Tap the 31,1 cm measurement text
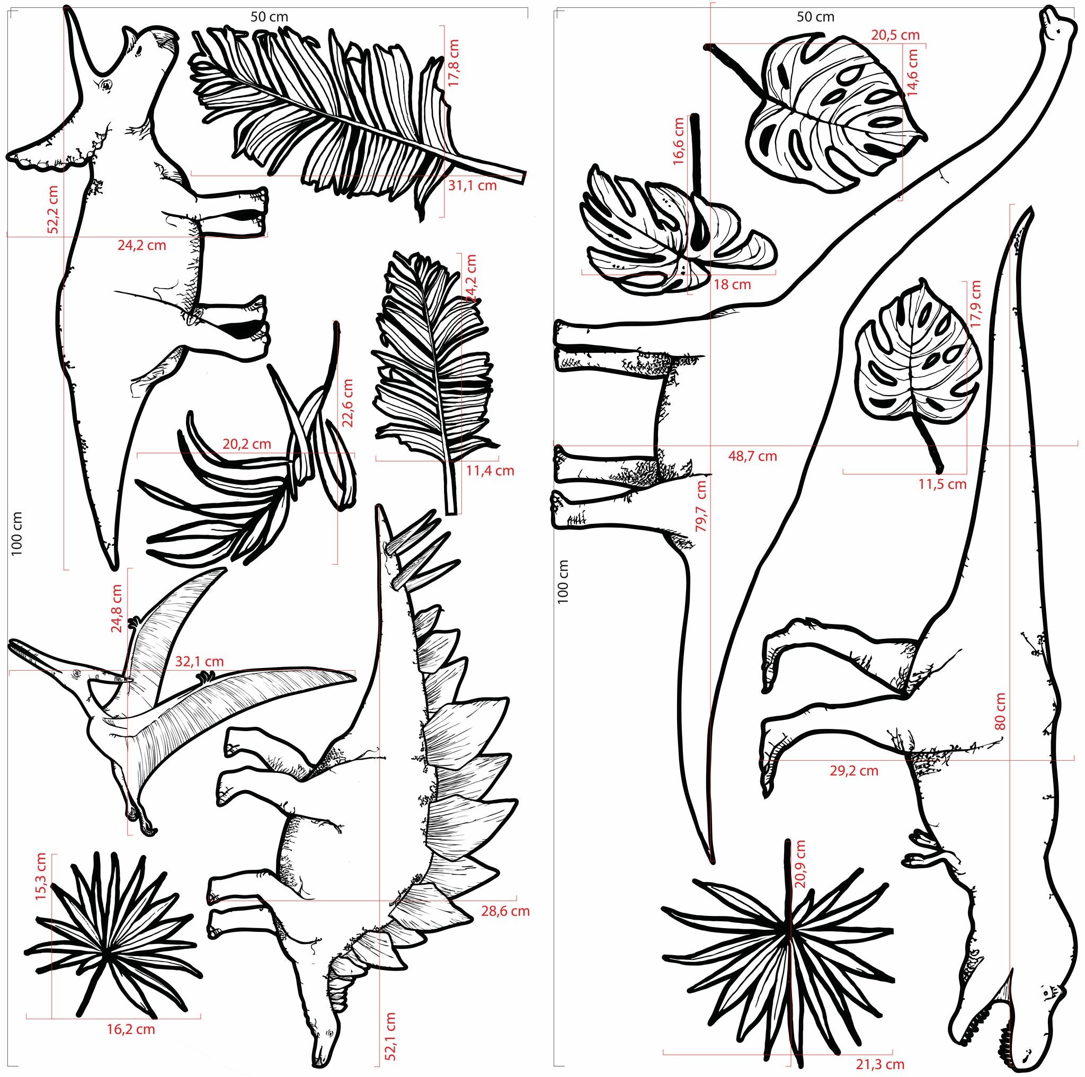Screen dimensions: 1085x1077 coord(472,185)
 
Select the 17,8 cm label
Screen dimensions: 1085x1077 coord(454,63)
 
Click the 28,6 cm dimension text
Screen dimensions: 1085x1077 coord(505,911)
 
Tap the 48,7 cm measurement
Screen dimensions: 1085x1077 coord(752,456)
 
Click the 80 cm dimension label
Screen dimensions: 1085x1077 coord(1000,712)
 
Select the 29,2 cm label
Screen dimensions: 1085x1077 coord(853,771)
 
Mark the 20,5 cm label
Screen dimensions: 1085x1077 coord(895,35)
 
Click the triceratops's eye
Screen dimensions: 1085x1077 coord(105,85)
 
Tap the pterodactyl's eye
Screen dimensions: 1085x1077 coord(73,673)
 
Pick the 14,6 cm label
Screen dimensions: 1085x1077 coord(913,73)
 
